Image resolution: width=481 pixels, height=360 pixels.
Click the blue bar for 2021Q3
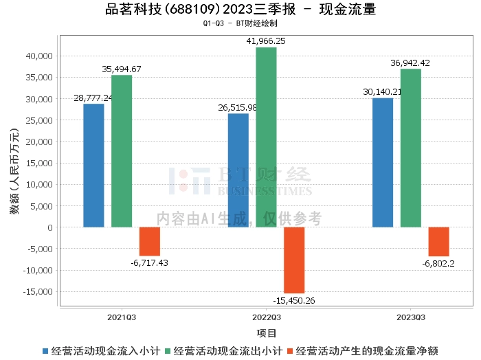click(x=93, y=165)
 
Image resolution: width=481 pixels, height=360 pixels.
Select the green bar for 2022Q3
click(x=266, y=137)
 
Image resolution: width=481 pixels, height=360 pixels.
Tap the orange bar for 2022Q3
click(x=294, y=260)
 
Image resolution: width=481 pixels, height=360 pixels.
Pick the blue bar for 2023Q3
click(x=383, y=162)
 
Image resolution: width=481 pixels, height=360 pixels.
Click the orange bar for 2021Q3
click(x=150, y=241)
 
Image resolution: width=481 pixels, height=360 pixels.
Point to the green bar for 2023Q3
click(x=411, y=148)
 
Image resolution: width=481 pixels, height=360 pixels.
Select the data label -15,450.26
click(x=294, y=300)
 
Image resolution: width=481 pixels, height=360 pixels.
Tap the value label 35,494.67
click(x=122, y=69)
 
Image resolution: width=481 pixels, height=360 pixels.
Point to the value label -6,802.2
click(x=438, y=263)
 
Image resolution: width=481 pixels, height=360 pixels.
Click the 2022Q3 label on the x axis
click(x=266, y=317)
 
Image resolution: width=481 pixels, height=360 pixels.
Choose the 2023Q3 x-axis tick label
click(x=410, y=317)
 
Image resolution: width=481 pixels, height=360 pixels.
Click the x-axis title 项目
click(x=266, y=333)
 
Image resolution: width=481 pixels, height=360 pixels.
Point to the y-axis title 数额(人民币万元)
click(x=14, y=172)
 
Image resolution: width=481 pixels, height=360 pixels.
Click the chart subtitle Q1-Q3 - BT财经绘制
click(x=240, y=23)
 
